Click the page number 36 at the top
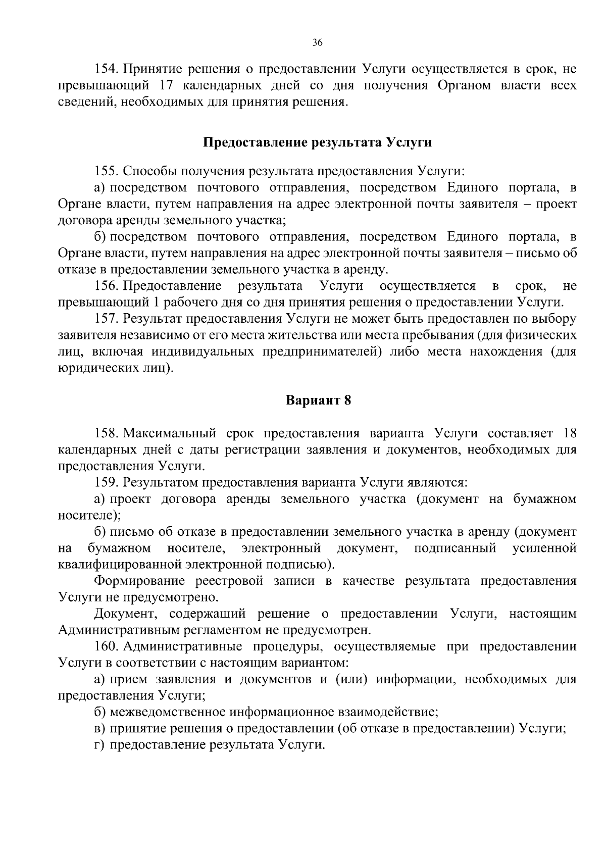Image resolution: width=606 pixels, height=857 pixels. click(317, 43)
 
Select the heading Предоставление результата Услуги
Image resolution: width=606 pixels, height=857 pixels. click(317, 143)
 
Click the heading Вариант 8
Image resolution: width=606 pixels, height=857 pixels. click(318, 400)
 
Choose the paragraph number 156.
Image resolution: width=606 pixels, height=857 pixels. click(106, 286)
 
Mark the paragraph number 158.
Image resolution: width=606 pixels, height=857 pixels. click(106, 433)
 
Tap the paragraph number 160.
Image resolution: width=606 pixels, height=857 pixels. click(106, 646)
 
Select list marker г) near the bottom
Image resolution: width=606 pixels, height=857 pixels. click(100, 745)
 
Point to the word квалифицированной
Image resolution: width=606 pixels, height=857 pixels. click(120, 564)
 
